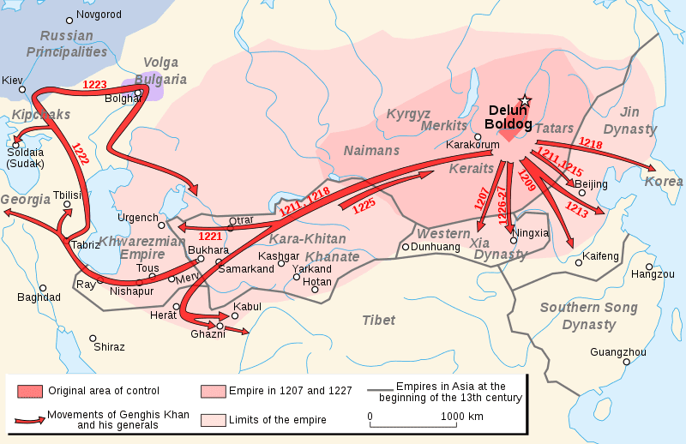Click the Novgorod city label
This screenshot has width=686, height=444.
[x=99, y=15]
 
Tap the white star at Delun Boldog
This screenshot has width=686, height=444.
[x=525, y=101]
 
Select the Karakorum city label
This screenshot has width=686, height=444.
[x=472, y=145]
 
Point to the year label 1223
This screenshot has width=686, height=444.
[x=95, y=85]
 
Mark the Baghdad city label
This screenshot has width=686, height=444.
[x=39, y=297]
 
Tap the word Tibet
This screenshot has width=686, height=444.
[x=378, y=320]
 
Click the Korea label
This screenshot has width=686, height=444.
[x=664, y=182]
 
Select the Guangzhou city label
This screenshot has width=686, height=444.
[x=618, y=351]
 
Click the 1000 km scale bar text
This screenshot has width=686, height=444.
[x=463, y=416]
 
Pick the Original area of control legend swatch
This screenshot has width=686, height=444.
[x=29, y=392]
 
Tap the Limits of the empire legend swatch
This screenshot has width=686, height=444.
[x=212, y=419]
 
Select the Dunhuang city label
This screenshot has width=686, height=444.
[x=436, y=247]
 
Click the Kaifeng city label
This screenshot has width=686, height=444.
[x=599, y=256]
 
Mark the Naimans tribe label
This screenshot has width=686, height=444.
[x=371, y=151]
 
